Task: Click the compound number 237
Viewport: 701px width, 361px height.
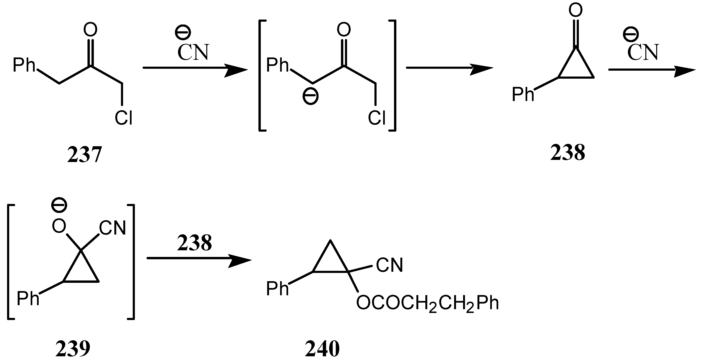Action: [84, 154]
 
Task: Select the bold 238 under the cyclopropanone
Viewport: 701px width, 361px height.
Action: [567, 153]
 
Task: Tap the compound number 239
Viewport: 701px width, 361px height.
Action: [73, 349]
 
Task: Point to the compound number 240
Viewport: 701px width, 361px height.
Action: [322, 349]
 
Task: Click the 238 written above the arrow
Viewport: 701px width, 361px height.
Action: [194, 243]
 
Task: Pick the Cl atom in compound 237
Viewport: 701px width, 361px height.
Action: [124, 118]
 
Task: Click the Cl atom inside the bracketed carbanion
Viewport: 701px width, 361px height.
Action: [377, 118]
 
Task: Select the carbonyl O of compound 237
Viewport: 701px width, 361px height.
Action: [90, 30]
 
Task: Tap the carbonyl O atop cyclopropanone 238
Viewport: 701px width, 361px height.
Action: [576, 10]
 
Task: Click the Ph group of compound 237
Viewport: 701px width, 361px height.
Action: [24, 65]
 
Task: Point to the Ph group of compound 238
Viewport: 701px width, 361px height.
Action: [523, 94]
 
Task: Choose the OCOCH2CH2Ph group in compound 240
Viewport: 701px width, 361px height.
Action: [427, 303]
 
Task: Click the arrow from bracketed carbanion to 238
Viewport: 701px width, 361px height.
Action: [449, 67]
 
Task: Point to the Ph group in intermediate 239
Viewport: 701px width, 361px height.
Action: [28, 298]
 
